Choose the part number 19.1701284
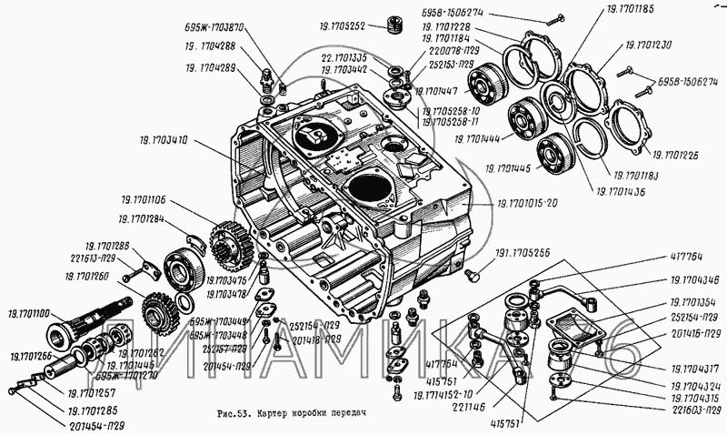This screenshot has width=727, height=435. pos(141,219)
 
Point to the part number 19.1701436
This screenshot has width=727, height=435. pos(623,191)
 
